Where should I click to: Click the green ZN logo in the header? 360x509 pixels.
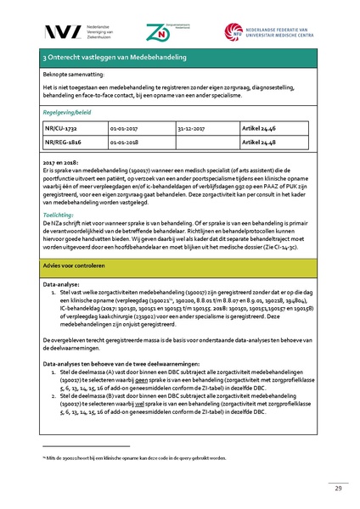(180, 31)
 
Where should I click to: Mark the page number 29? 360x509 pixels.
(315, 488)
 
